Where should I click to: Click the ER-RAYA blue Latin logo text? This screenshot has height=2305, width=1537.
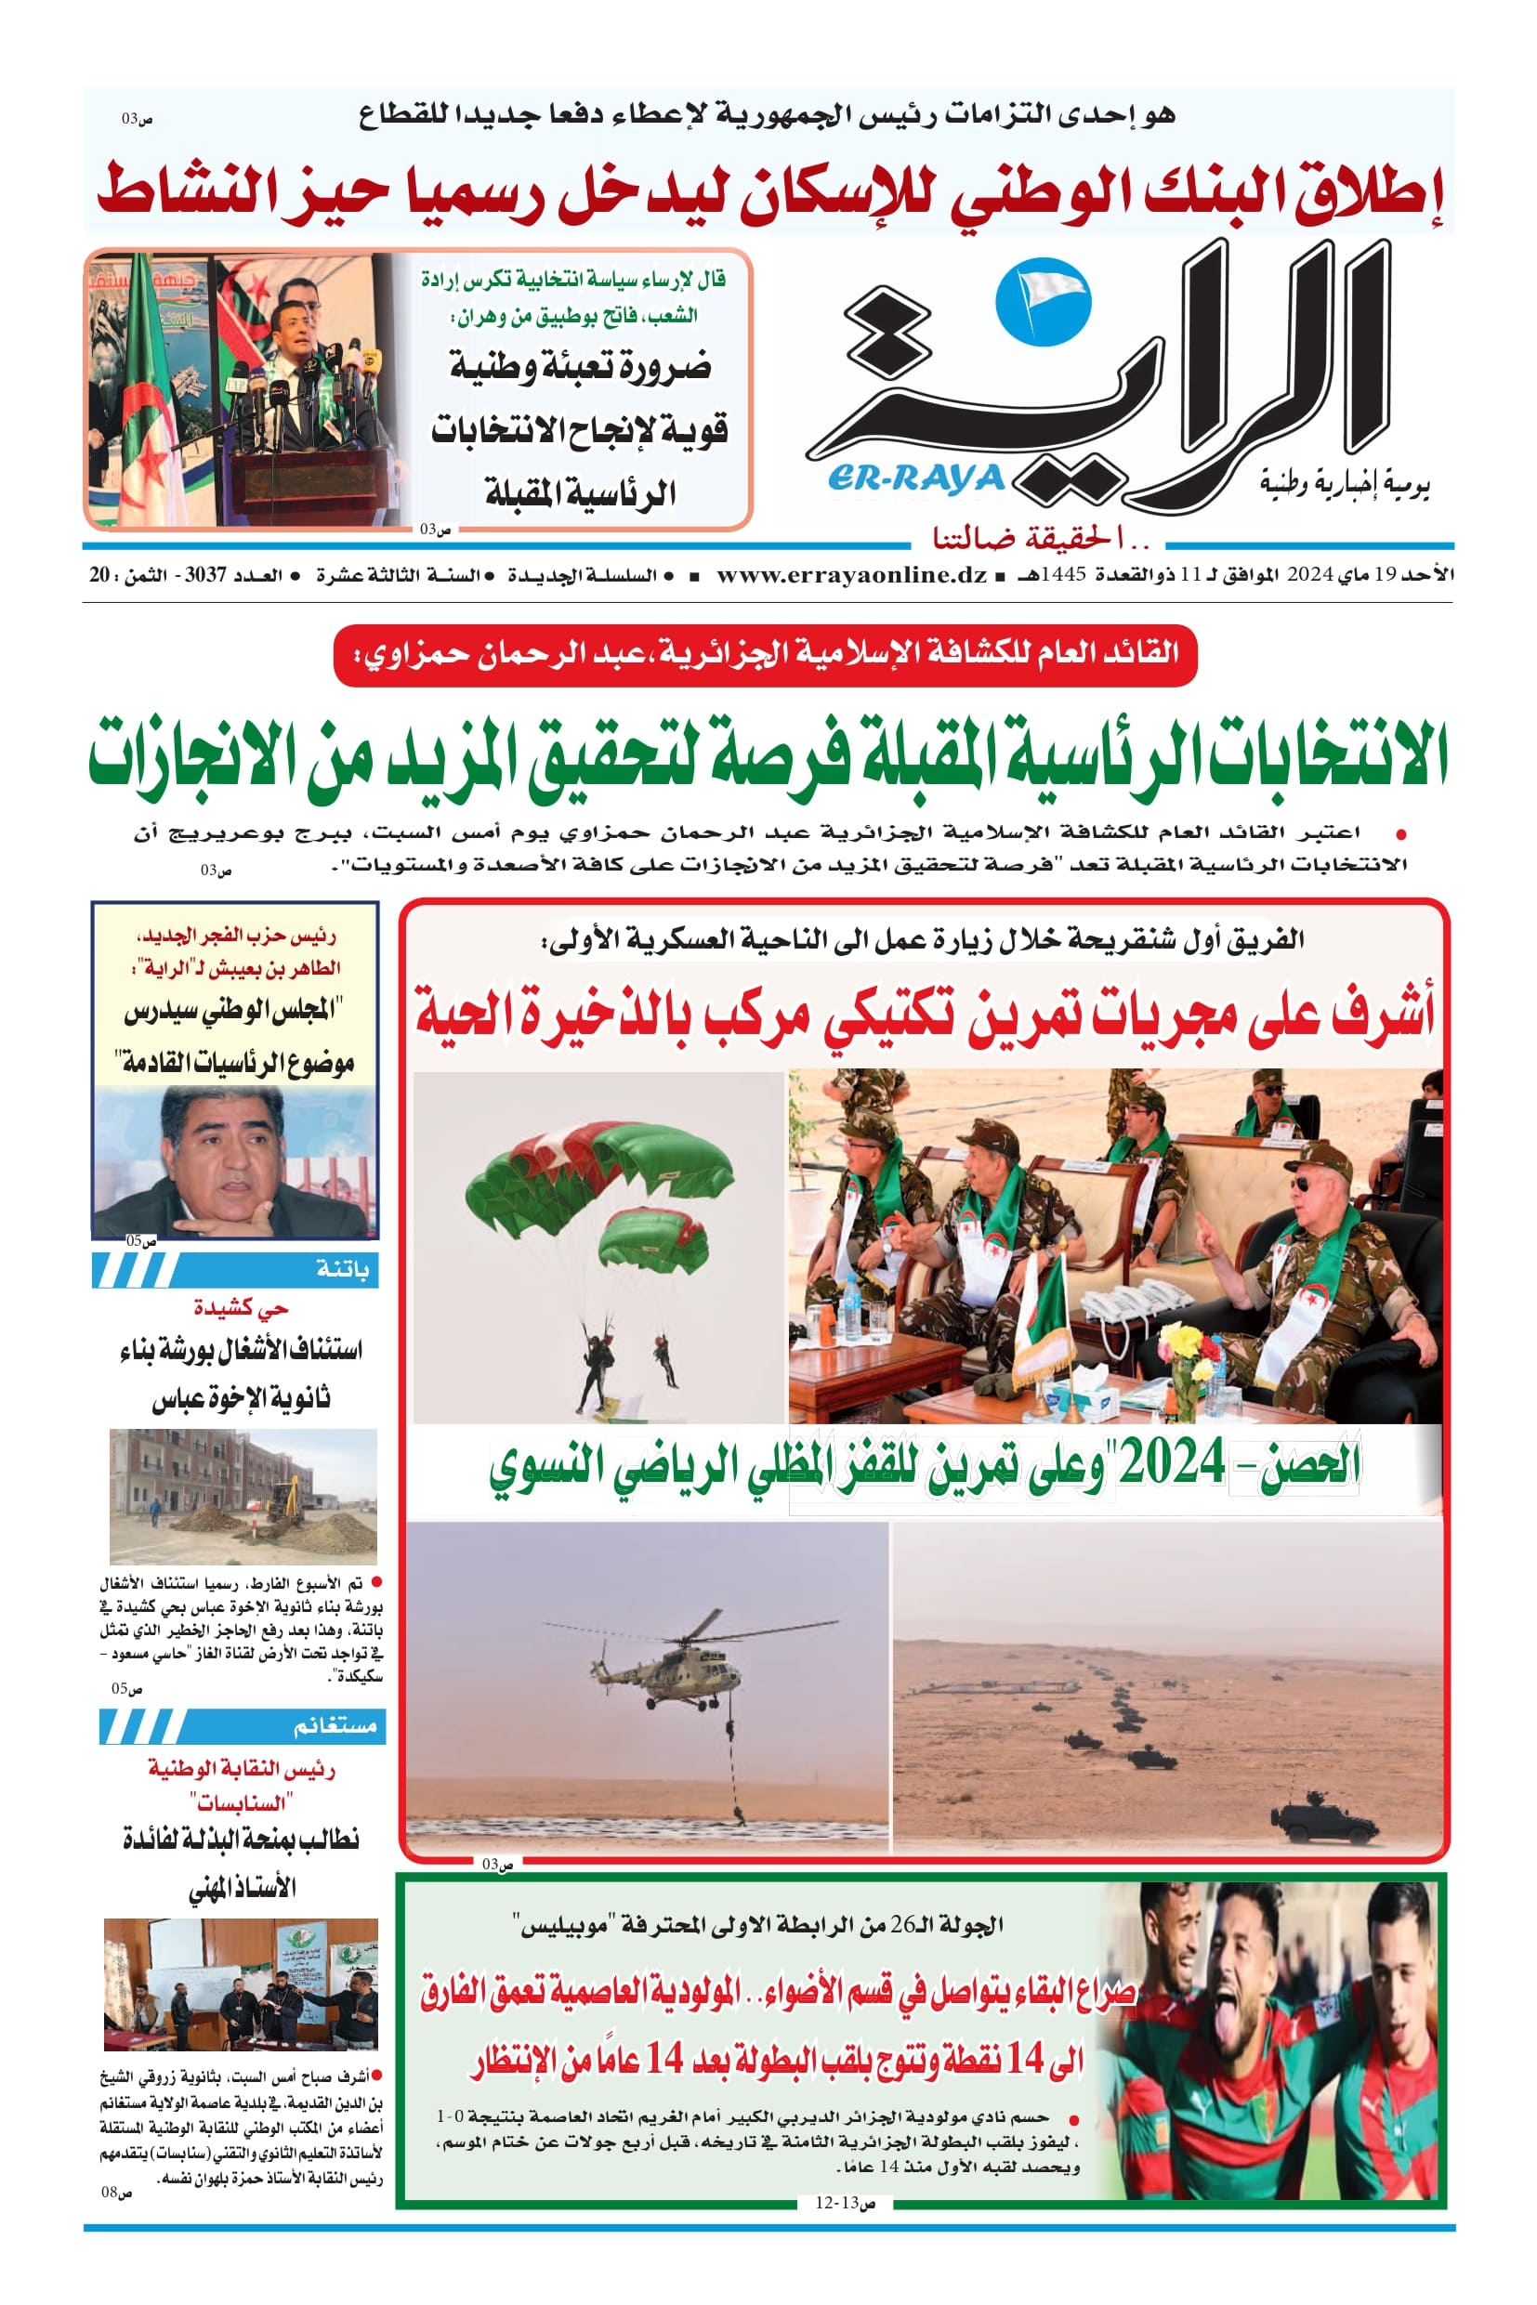[x=915, y=478]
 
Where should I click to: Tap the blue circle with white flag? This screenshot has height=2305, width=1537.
[x=1042, y=302]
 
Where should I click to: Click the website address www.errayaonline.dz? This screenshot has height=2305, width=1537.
[x=851, y=575]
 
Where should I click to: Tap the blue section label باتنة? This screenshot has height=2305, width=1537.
[x=342, y=1270]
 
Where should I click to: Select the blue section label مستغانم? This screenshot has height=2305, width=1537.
[x=335, y=1727]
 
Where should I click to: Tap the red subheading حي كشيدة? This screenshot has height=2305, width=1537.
[x=240, y=1307]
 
